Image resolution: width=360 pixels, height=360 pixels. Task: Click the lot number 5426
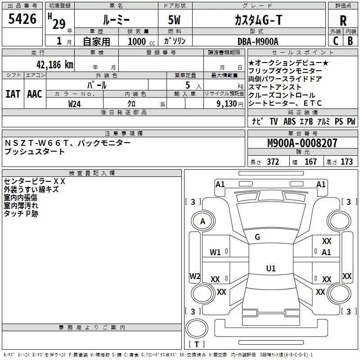tap(22, 19)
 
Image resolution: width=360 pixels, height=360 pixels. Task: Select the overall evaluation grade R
tap(343, 20)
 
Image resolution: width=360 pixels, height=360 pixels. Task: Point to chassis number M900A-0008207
tap(302, 143)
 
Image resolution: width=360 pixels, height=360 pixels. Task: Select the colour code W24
tap(75, 103)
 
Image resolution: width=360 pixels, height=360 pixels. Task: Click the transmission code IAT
tap(13, 94)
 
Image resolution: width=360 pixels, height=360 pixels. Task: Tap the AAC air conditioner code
tap(34, 94)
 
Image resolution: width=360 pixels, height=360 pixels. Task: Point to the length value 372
tap(273, 162)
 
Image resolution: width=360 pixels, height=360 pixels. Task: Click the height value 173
tap(346, 162)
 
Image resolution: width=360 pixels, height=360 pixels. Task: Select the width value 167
tap(310, 162)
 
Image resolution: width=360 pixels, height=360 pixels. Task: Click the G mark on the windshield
tap(257, 237)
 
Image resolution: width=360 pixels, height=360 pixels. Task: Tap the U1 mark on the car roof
tap(270, 269)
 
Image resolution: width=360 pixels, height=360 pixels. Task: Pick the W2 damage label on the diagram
tap(195, 276)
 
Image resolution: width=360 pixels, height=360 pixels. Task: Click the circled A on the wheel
tap(202, 221)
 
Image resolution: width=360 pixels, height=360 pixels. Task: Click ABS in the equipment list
tap(289, 121)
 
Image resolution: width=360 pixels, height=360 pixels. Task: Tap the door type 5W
tap(175, 20)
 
